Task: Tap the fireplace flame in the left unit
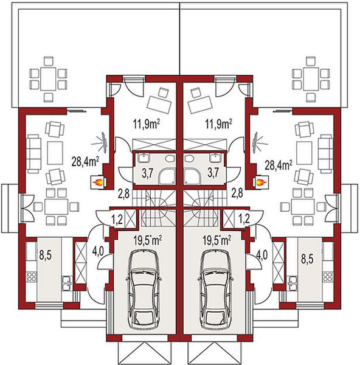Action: click(x=96, y=181)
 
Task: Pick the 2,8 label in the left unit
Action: click(x=123, y=195)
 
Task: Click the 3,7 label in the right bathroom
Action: click(x=213, y=173)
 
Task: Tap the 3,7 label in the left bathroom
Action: click(x=147, y=173)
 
